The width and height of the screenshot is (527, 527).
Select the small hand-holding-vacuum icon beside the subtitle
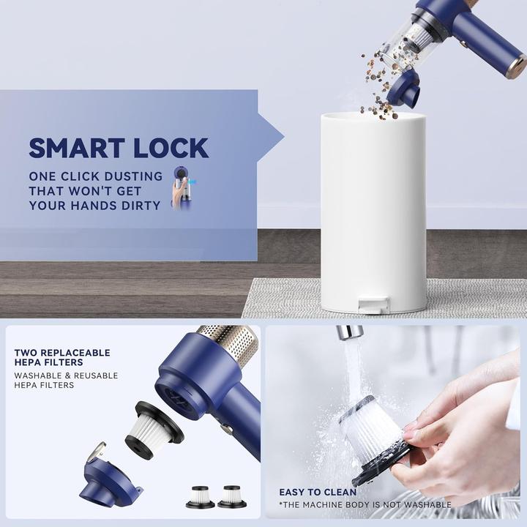(x=179, y=188)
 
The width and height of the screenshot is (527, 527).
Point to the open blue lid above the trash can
(x=403, y=88)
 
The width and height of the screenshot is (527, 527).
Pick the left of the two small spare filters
(x=200, y=496)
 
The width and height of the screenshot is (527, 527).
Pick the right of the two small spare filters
(x=233, y=496)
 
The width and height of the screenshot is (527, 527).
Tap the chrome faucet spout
(x=349, y=333)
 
